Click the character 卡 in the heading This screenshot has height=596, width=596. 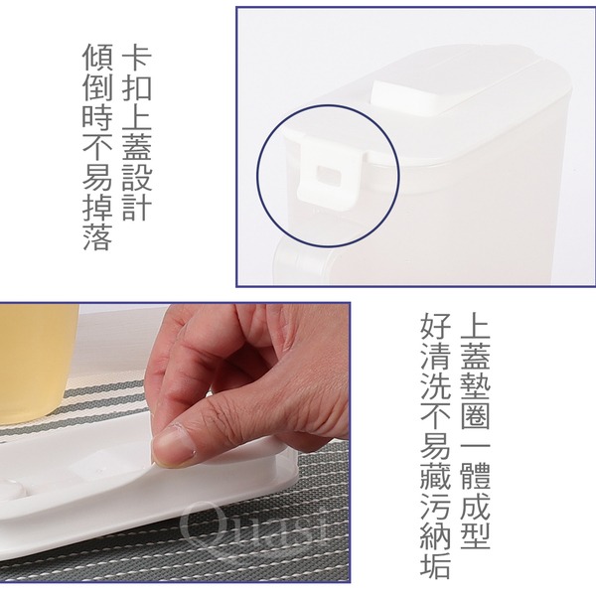point(137,58)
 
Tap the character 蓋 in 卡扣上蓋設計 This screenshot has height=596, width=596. point(137,147)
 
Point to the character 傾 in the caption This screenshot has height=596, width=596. point(97,58)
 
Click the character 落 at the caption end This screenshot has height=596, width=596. point(97,237)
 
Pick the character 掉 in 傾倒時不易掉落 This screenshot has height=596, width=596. point(97,208)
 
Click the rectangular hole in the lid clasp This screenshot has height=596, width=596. point(329,174)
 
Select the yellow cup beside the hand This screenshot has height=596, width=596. point(38,363)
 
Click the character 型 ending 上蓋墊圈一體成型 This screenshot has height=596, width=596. point(475,535)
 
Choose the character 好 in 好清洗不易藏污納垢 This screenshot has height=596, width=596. point(436,326)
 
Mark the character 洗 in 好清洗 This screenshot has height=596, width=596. point(436,385)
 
